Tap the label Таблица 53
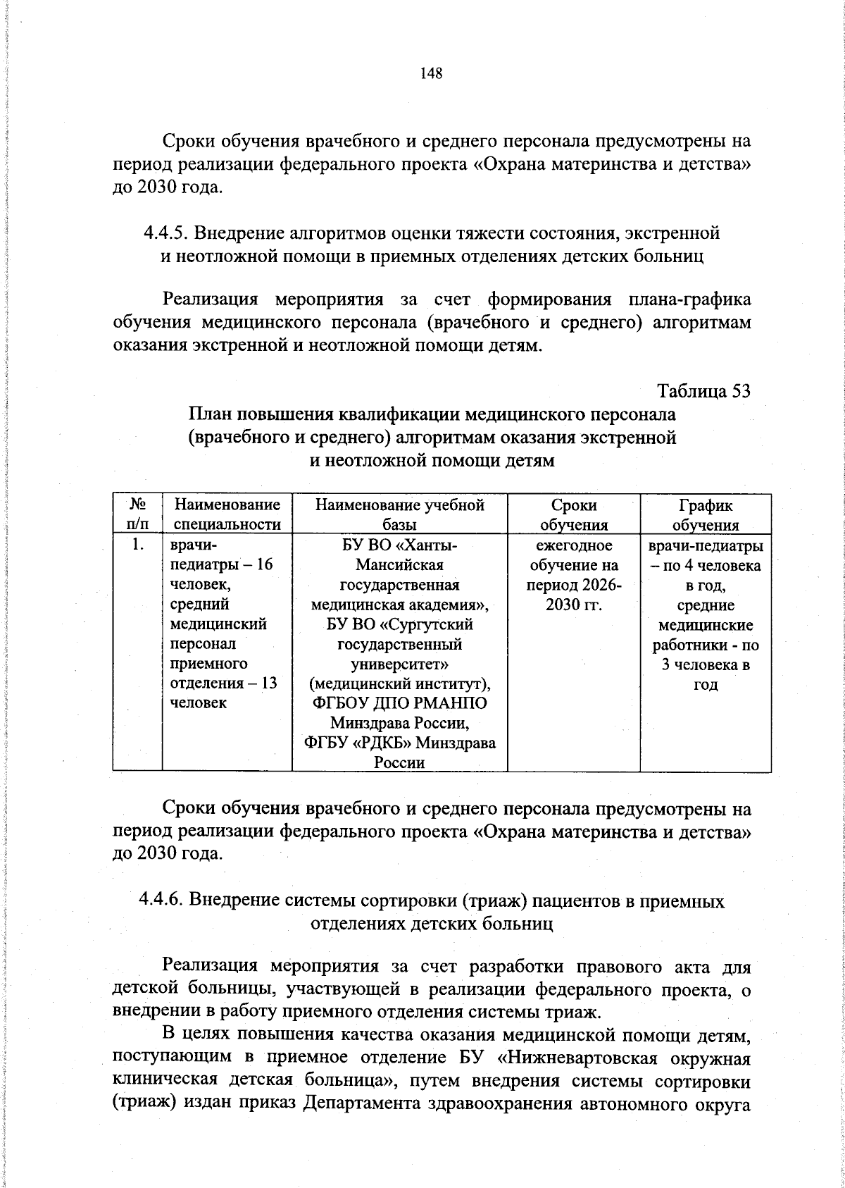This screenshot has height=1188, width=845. (703, 390)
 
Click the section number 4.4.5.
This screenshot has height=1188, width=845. (166, 232)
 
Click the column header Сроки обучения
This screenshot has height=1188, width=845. (573, 514)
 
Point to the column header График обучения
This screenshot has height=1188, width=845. (705, 514)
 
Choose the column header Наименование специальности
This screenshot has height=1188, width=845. (227, 514)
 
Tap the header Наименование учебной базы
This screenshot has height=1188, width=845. (399, 514)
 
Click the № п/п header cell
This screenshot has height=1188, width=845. (137, 514)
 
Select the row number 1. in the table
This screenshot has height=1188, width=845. (138, 545)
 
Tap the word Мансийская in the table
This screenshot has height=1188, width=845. (399, 564)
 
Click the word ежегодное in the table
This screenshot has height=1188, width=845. (573, 545)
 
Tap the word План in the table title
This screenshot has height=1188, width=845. (212, 414)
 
